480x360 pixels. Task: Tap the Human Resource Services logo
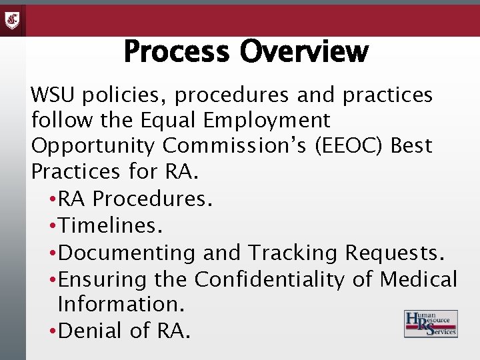(x=431, y=324)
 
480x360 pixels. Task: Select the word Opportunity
(x=93, y=146)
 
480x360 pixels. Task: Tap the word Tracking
(x=293, y=253)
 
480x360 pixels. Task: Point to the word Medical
(x=419, y=279)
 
